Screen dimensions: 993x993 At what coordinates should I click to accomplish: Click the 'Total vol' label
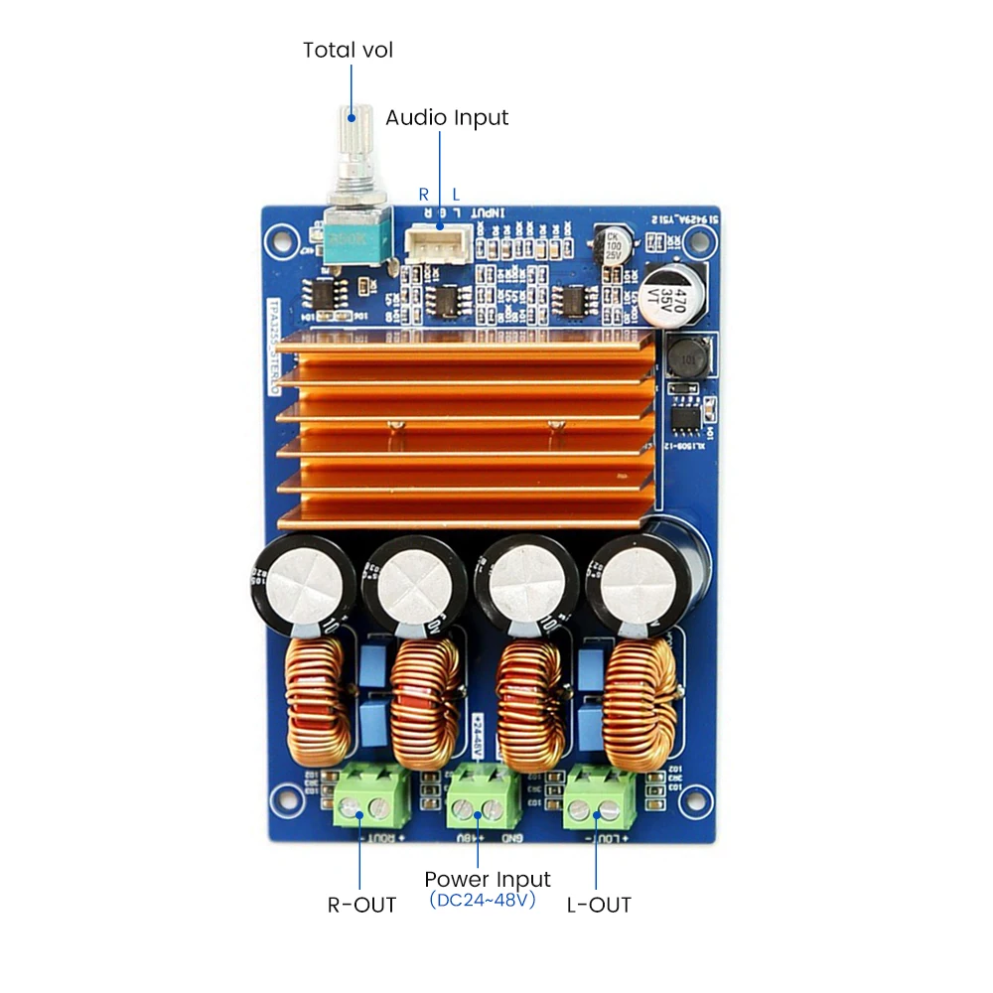[348, 50]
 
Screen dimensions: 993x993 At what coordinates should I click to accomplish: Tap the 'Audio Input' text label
[447, 117]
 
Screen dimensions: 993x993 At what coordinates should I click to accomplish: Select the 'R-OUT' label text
[361, 905]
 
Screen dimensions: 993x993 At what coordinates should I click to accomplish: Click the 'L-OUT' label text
[599, 905]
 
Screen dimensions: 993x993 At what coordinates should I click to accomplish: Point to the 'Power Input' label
[487, 880]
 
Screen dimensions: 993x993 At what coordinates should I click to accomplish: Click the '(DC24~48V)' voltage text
[483, 901]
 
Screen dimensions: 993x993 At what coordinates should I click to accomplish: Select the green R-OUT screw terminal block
[372, 800]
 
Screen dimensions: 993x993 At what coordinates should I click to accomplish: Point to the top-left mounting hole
[282, 238]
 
